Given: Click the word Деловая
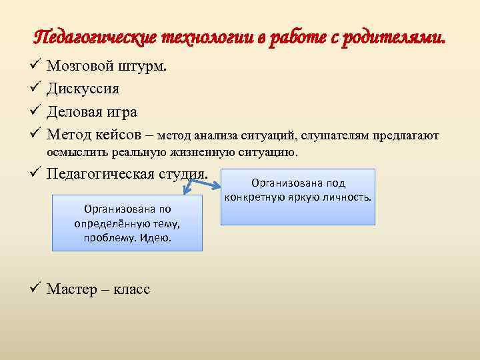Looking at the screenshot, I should pos(75,111).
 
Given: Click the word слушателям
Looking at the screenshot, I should pos(337,136).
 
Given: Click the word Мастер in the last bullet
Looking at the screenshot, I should pos(70,289).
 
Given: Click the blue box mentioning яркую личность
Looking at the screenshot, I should pos(299,197).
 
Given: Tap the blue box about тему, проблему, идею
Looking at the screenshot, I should pos(127,223).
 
